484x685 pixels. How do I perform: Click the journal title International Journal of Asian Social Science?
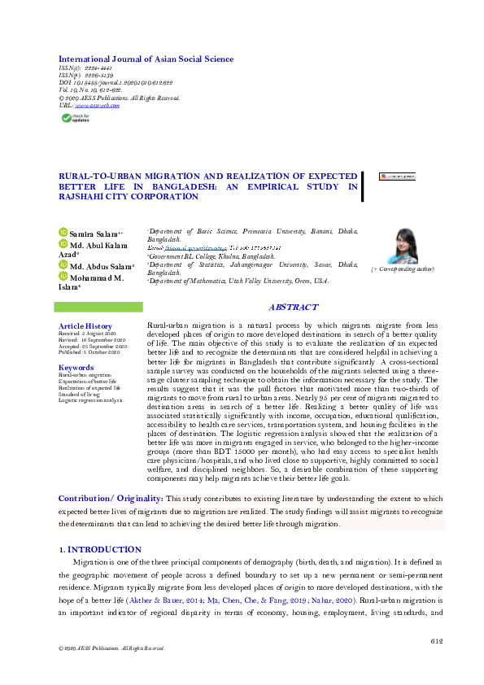[x=146, y=59]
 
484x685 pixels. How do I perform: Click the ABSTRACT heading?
[x=293, y=308]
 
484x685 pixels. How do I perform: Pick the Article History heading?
[x=85, y=325]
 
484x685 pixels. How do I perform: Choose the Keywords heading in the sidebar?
[x=76, y=368]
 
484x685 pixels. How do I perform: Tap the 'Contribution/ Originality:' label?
[x=111, y=498]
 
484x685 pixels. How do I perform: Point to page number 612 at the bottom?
[x=436, y=642]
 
